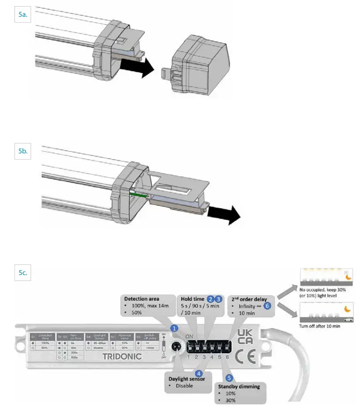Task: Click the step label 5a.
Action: pos(23,15)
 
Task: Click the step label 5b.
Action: pos(23,151)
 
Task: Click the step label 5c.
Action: pos(23,273)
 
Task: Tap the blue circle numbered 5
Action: pos(229,378)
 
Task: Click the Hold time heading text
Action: pos(193,299)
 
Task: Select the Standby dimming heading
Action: pos(239,387)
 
